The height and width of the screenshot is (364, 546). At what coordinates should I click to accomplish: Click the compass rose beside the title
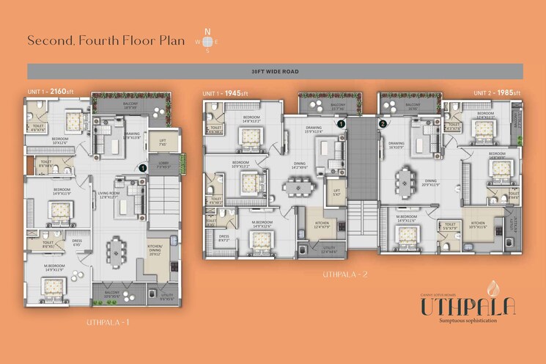pyautogui.click(x=207, y=41)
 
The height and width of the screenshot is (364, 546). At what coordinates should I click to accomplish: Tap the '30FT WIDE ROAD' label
pyautogui.click(x=275, y=71)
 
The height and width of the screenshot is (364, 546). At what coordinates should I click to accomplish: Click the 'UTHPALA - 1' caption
pyautogui.click(x=108, y=322)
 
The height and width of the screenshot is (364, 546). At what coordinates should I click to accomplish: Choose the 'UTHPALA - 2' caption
pyautogui.click(x=345, y=274)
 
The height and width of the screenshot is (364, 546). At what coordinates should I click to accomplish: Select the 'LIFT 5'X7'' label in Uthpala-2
pyautogui.click(x=336, y=193)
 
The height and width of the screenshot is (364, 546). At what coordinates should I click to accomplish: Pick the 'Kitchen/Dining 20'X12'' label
pyautogui.click(x=155, y=250)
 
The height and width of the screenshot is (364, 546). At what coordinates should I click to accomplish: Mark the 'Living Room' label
pyautogui.click(x=108, y=194)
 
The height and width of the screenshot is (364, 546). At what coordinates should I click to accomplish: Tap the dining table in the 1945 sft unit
pyautogui.click(x=296, y=189)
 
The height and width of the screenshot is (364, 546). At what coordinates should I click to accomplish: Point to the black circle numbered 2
pyautogui.click(x=383, y=124)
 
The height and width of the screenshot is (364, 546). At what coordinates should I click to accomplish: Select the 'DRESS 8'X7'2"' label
pyautogui.click(x=224, y=238)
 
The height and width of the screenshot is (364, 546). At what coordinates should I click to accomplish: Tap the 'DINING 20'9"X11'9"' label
pyautogui.click(x=430, y=183)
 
